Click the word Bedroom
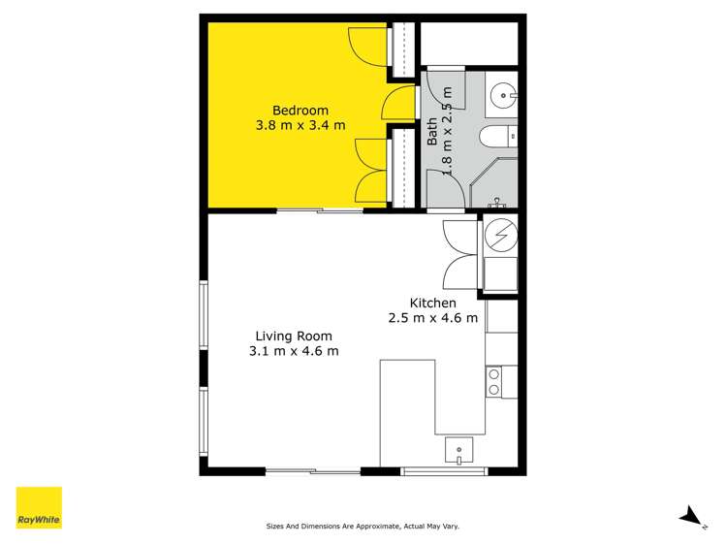pyautogui.click(x=300, y=110)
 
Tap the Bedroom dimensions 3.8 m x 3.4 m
pyautogui.click(x=300, y=125)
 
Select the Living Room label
pyautogui.click(x=293, y=336)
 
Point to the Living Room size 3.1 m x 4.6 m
pyautogui.click(x=293, y=351)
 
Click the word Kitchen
pyautogui.click(x=432, y=303)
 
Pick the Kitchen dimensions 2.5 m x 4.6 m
pyautogui.click(x=432, y=318)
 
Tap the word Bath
pyautogui.click(x=432, y=132)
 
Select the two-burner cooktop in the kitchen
pyautogui.click(x=493, y=381)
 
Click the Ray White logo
pyautogui.click(x=39, y=507)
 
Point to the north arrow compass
pyautogui.click(x=690, y=517)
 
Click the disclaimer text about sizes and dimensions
pyautogui.click(x=363, y=527)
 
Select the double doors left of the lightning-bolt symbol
pyautogui.click(x=460, y=254)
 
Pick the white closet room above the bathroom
pyautogui.click(x=469, y=41)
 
